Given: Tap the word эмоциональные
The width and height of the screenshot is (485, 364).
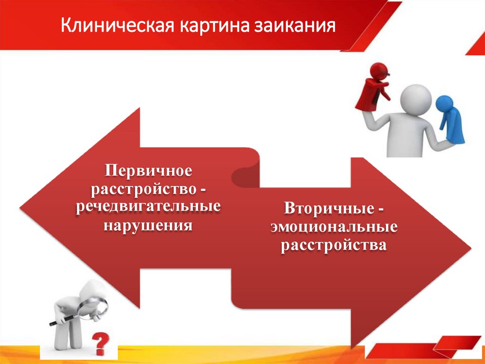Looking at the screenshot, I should (x=334, y=227).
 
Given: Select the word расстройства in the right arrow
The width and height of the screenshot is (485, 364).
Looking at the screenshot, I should (x=334, y=245).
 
